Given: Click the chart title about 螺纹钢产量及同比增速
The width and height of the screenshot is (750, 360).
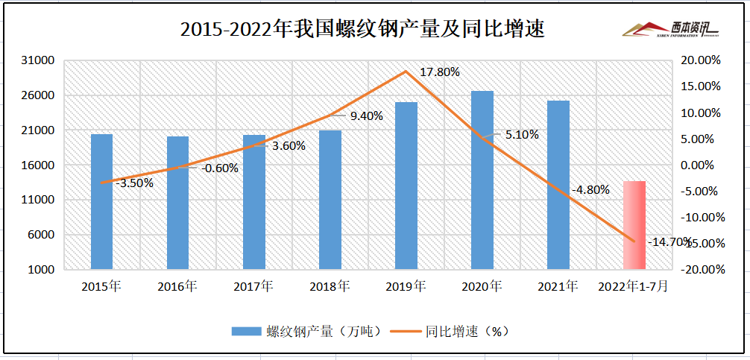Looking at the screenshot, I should (x=362, y=29).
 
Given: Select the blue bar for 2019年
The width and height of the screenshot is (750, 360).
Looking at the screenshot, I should (x=406, y=186).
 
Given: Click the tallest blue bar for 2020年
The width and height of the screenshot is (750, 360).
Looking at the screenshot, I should (x=482, y=180).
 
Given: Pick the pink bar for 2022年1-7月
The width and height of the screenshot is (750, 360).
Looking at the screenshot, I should (x=634, y=224).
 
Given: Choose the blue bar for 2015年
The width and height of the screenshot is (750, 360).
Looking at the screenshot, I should (x=101, y=201).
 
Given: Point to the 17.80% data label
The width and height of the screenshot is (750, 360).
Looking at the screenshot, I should (x=440, y=72).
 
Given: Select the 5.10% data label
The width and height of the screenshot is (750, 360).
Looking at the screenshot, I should (x=521, y=135).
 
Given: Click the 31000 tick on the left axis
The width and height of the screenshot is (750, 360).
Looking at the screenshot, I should (x=41, y=60).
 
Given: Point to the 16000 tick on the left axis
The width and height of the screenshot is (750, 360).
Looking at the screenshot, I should (x=41, y=165).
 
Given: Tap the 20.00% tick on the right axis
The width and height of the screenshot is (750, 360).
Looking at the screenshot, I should (x=704, y=60).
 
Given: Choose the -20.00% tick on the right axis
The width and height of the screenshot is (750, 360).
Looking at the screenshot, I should (x=704, y=270).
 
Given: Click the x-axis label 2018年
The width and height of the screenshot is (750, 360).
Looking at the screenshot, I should (x=330, y=286).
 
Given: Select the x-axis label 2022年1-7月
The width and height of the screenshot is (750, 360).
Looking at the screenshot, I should (x=634, y=286).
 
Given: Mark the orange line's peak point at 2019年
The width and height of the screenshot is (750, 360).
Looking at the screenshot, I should (x=406, y=72).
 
